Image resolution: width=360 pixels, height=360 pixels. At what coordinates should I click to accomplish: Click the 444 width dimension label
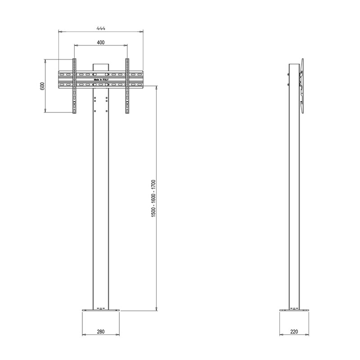(101, 28)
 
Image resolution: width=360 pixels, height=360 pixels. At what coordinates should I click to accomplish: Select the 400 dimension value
(101, 42)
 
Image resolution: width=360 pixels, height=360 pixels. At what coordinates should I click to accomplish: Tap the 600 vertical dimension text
(42, 86)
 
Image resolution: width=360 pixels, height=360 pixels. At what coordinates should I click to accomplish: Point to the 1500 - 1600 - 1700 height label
(153, 198)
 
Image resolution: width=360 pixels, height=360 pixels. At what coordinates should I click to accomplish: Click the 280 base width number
(100, 332)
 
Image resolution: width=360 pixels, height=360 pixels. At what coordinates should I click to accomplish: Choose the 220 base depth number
(294, 332)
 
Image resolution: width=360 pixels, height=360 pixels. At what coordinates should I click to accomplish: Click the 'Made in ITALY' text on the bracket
(101, 80)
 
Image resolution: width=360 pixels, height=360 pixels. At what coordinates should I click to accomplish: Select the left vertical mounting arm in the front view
(74, 86)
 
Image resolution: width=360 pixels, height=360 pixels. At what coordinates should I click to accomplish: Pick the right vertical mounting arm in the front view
(127, 86)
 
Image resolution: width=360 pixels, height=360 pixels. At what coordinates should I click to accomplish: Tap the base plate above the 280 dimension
(101, 310)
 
